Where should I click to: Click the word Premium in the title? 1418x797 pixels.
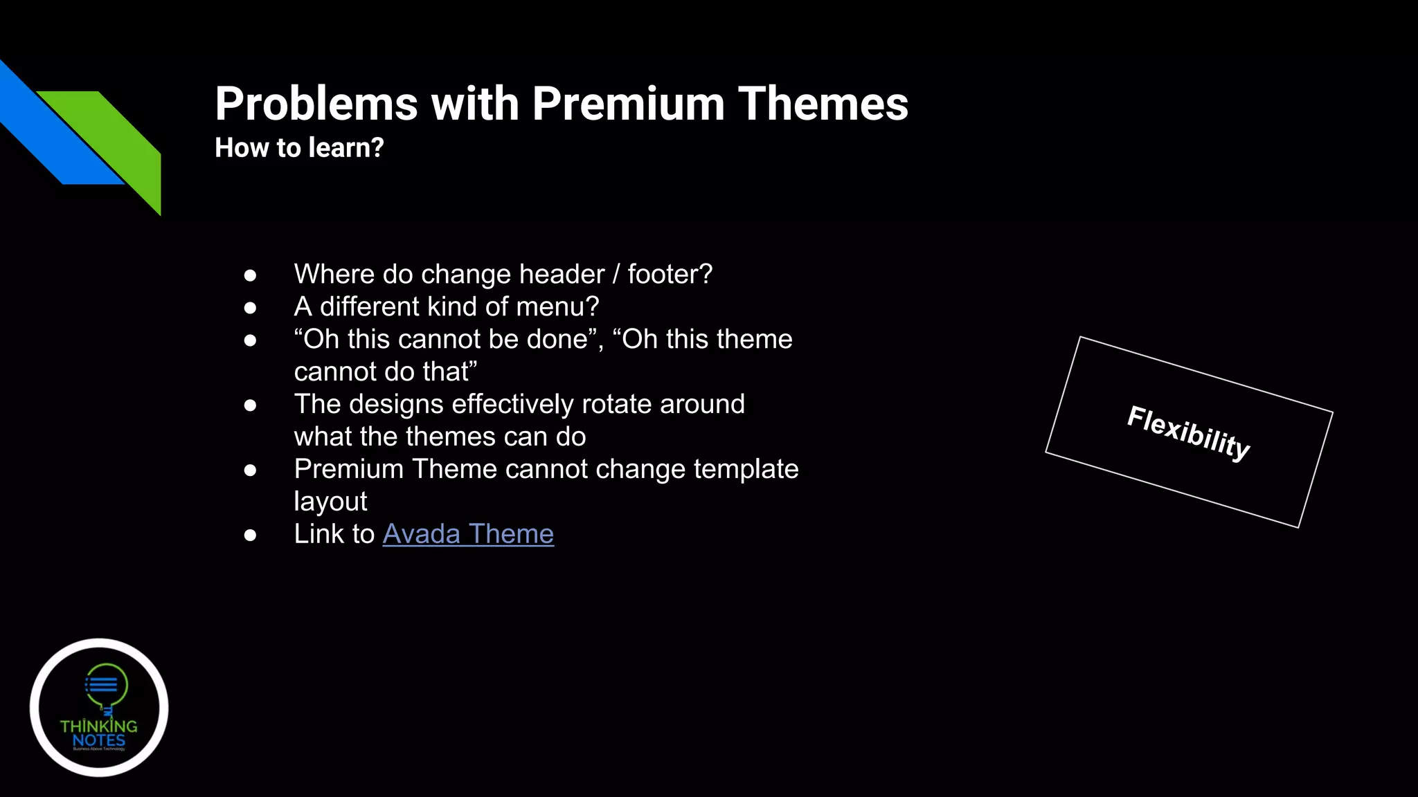628,104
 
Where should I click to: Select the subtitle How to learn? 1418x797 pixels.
299,147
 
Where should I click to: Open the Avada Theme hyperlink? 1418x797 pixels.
468,534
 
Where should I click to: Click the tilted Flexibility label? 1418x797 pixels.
1188,432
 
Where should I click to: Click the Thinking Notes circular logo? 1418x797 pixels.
99,707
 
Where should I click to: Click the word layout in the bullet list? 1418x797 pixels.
330,502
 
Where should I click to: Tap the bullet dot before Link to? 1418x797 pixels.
251,535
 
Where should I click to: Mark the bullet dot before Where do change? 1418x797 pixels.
251,275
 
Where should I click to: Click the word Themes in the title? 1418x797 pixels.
823,104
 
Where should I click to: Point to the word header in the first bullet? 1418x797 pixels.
562,275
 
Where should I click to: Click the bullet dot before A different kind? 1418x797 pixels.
251,308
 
